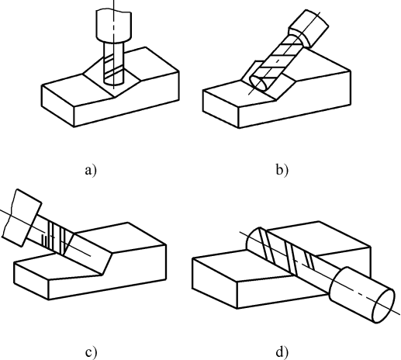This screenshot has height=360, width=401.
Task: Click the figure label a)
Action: pyautogui.click(x=91, y=171)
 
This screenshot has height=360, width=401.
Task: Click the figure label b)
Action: pyautogui.click(x=282, y=171)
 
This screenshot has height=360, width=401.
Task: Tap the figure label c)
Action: pyautogui.click(x=91, y=352)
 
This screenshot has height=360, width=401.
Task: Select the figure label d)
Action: pyautogui.click(x=282, y=352)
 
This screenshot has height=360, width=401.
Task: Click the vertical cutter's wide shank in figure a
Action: pyautogui.click(x=114, y=25)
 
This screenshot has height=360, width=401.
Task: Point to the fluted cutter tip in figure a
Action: pyautogui.click(x=114, y=64)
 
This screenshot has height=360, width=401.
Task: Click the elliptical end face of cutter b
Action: pyautogui.click(x=259, y=83)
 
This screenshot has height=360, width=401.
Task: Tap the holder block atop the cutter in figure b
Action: pyautogui.click(x=309, y=28)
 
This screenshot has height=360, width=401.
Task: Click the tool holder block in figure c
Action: pyautogui.click(x=22, y=218)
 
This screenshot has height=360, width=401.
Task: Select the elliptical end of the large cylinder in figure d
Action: pyautogui.click(x=383, y=306)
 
